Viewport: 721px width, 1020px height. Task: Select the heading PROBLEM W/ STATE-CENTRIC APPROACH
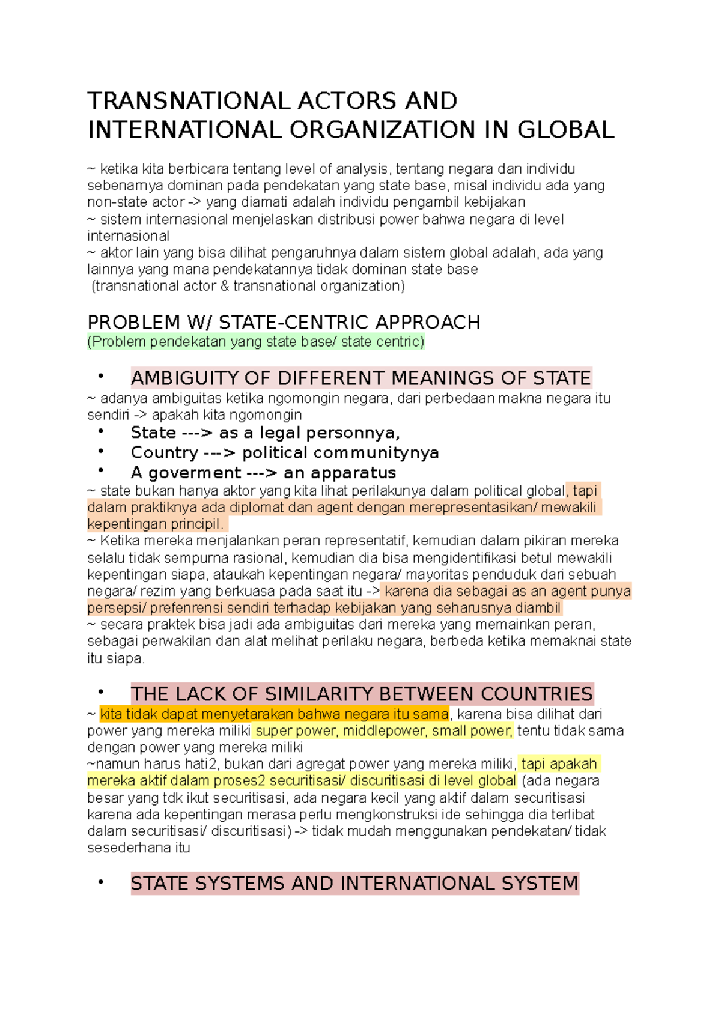(284, 323)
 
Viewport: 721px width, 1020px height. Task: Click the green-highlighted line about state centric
(256, 342)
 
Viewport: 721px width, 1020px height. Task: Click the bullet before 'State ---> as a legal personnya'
(101, 431)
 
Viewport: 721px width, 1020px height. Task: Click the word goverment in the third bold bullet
(194, 473)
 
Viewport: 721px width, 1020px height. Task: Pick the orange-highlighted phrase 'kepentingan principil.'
(155, 524)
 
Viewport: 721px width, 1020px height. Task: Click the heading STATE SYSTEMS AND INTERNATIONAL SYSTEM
(354, 884)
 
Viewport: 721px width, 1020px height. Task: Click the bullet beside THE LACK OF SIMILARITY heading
(101, 693)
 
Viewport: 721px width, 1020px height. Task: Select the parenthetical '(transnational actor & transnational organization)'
(248, 286)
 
